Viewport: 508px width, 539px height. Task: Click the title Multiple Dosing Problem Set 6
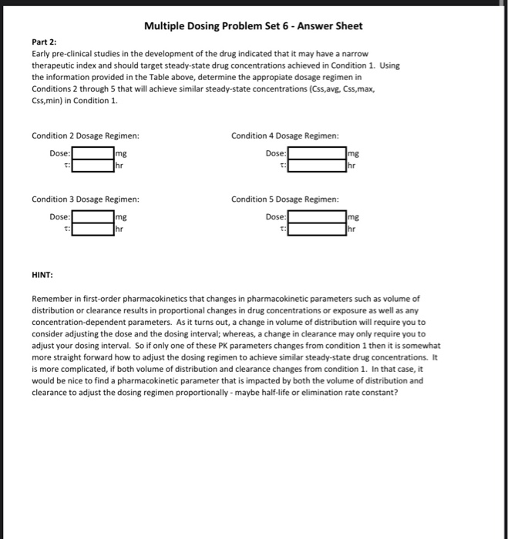tap(254, 26)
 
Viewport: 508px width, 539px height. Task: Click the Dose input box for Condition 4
tap(317, 153)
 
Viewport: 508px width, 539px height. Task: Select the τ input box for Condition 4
tap(317, 165)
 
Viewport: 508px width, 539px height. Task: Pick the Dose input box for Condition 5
tap(317, 217)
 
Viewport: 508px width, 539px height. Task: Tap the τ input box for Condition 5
tap(317, 229)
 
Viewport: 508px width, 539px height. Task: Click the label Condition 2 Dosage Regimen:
tap(85, 136)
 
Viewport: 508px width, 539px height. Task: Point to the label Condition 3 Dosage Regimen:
tap(85, 200)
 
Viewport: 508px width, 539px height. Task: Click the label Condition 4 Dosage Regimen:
tap(284, 136)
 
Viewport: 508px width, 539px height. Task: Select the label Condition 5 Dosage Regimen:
tap(284, 200)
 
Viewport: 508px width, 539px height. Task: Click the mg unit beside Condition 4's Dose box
tap(354, 154)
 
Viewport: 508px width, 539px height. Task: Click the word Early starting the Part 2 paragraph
tap(41, 55)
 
